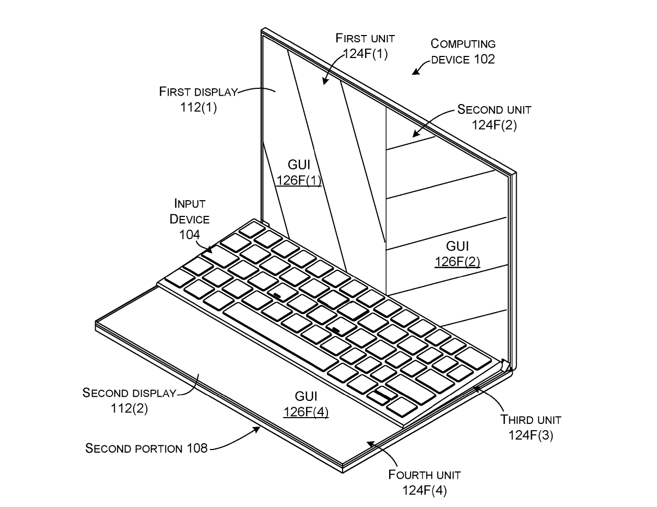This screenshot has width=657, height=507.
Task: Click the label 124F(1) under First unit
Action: tap(365, 53)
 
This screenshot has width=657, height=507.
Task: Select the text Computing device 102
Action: tap(463, 51)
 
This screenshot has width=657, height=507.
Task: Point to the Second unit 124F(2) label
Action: tap(494, 117)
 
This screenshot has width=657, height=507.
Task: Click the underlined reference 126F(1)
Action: tap(299, 181)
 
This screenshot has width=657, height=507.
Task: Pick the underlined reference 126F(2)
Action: tap(457, 261)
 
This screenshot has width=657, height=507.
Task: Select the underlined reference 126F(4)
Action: tap(306, 412)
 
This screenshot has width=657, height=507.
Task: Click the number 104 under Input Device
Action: tap(190, 235)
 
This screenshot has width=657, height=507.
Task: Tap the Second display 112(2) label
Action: tap(129, 400)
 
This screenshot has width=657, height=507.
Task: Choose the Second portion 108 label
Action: tap(146, 448)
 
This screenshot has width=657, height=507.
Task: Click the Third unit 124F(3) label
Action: tap(531, 427)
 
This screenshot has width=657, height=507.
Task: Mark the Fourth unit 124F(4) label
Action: tap(424, 482)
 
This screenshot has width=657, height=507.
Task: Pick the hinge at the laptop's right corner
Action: tap(506, 365)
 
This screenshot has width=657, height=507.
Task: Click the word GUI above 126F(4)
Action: tap(306, 396)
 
